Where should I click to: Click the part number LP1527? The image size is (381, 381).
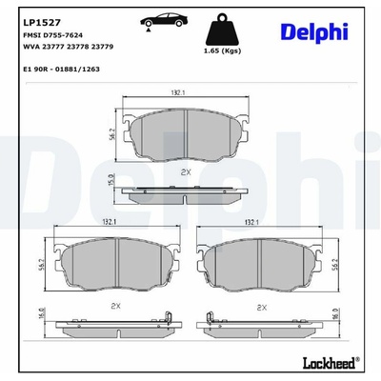[42, 23]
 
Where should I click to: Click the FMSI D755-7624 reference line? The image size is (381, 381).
[53, 35]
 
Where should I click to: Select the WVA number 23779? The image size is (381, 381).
[102, 47]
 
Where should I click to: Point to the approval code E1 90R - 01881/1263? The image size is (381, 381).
[62, 69]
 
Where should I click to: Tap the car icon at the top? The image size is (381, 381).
[164, 22]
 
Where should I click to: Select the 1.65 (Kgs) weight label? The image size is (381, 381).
[222, 50]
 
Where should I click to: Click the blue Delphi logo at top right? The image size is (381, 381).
[314, 32]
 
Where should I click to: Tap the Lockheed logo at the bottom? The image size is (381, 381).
[331, 363]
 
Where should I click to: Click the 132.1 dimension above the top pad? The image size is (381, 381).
[178, 92]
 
